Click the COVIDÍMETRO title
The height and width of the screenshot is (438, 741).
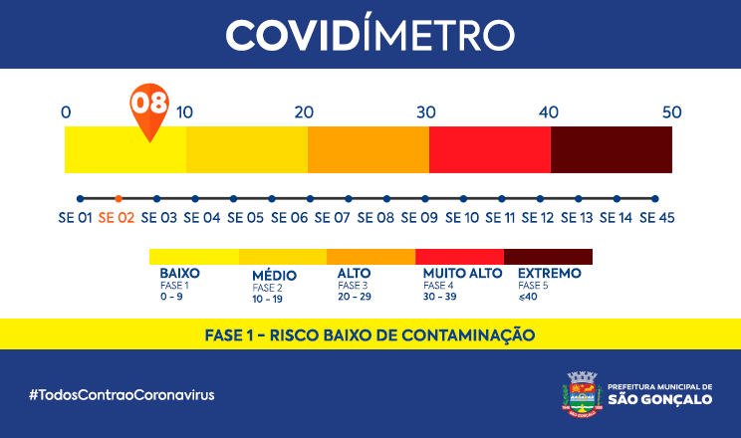pyautogui.click(x=370, y=35)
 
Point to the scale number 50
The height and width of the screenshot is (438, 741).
pyautogui.click(x=672, y=111)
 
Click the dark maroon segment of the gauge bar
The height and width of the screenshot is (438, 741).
pyautogui.click(x=612, y=149)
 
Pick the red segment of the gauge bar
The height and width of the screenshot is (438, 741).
pyautogui.click(x=490, y=149)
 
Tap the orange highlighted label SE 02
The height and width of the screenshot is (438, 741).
pyautogui.click(x=119, y=217)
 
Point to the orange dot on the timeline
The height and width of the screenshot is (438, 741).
pyautogui.click(x=119, y=198)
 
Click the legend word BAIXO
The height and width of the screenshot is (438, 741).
pyautogui.click(x=180, y=272)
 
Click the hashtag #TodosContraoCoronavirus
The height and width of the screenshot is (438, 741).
pyautogui.click(x=122, y=394)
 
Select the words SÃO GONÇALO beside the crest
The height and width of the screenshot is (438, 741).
pyautogui.click(x=660, y=399)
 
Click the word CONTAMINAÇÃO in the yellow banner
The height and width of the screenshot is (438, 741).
pyautogui.click(x=467, y=334)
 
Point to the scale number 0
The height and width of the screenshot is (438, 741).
pyautogui.click(x=66, y=111)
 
